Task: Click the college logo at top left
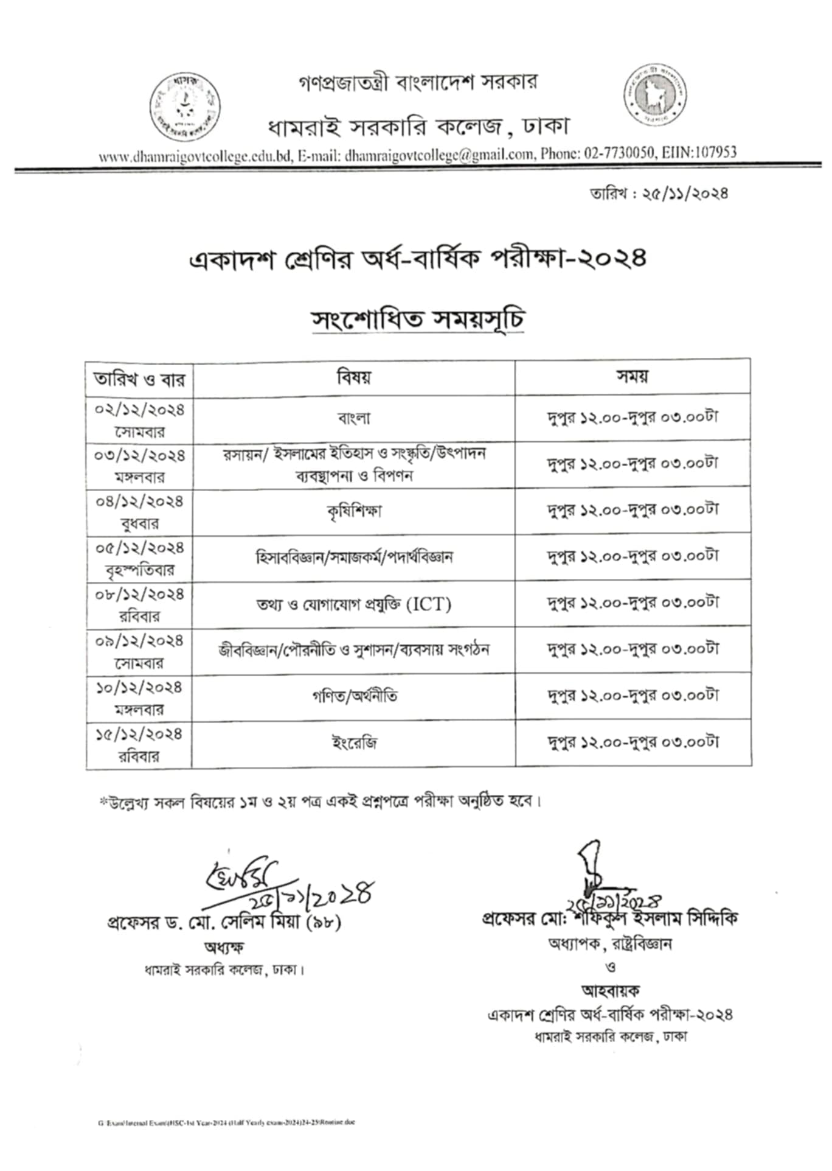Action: [x=185, y=107]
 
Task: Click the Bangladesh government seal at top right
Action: [x=654, y=95]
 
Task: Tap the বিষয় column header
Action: [x=353, y=377]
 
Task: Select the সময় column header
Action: [x=633, y=376]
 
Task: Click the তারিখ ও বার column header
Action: [x=139, y=380]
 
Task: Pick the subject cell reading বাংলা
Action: [x=353, y=418]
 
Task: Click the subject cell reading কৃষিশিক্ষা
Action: [x=353, y=511]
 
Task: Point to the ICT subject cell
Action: [x=353, y=604]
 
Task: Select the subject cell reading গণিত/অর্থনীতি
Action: [x=353, y=696]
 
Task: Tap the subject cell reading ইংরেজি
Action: [x=353, y=743]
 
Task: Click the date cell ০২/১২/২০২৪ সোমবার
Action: [x=139, y=419]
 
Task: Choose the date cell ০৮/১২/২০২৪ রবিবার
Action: [x=139, y=604]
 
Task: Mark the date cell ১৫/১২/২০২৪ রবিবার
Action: [x=139, y=744]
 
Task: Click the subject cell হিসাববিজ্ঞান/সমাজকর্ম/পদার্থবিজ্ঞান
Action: [x=353, y=557]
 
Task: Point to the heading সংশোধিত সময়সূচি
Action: [x=418, y=320]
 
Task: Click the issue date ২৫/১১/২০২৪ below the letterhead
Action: [x=684, y=194]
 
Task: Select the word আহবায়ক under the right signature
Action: [x=611, y=991]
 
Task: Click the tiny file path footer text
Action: [x=226, y=1122]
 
